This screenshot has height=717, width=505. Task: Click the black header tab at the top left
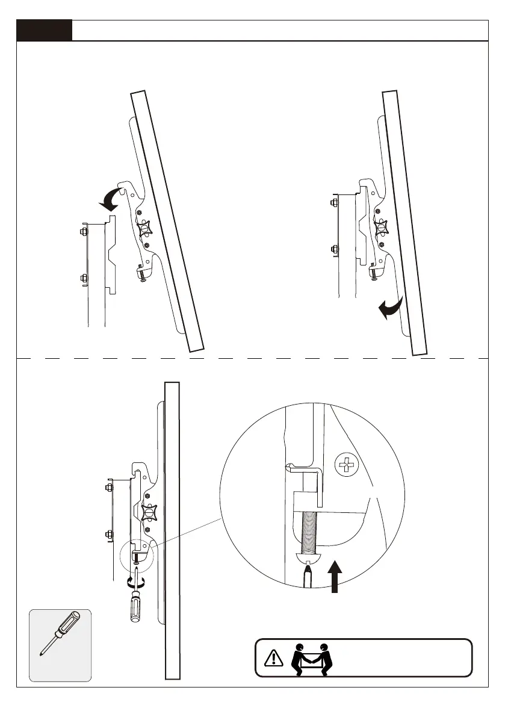coord(45,30)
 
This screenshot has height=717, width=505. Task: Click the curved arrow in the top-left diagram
coord(112,199)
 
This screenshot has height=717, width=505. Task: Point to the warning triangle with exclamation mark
coord(274,657)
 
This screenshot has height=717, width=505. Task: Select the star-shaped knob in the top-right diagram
coord(380,228)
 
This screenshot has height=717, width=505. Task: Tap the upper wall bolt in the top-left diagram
coord(83,231)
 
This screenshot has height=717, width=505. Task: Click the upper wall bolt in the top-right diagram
coord(334,202)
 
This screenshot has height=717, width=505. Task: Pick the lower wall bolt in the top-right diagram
coord(334,248)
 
